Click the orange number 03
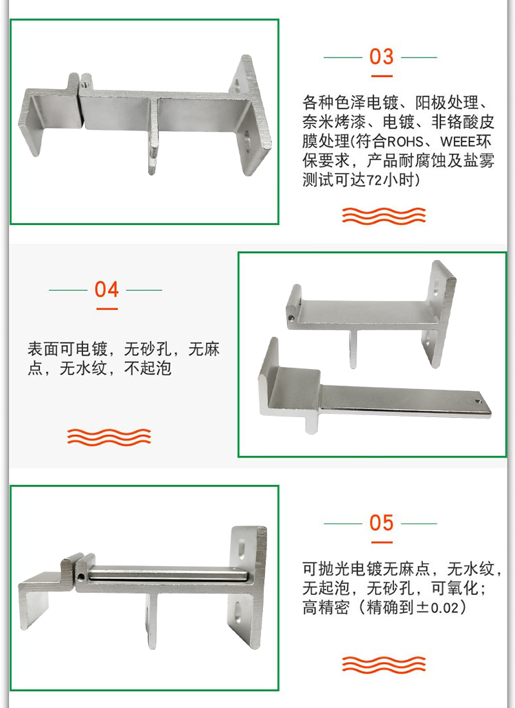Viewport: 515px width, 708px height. (x=381, y=57)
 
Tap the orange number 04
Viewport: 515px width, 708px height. (x=106, y=290)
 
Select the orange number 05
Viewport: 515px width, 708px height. (x=381, y=523)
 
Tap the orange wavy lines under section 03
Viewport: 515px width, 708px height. (x=384, y=216)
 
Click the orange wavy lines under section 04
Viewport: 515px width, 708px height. (x=109, y=437)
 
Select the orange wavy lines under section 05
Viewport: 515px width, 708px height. (x=384, y=664)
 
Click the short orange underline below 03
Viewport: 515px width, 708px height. (x=382, y=76)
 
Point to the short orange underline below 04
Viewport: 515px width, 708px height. (x=107, y=309)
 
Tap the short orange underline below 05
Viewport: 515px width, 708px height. (x=382, y=542)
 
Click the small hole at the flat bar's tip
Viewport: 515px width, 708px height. (x=479, y=400)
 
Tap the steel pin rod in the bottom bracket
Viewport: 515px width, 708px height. (x=168, y=575)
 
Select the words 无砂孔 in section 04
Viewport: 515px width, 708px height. (x=147, y=349)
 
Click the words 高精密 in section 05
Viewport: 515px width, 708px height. (x=326, y=607)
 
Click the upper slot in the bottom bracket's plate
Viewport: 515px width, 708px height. (x=242, y=548)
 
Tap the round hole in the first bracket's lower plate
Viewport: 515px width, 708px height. (x=248, y=139)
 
